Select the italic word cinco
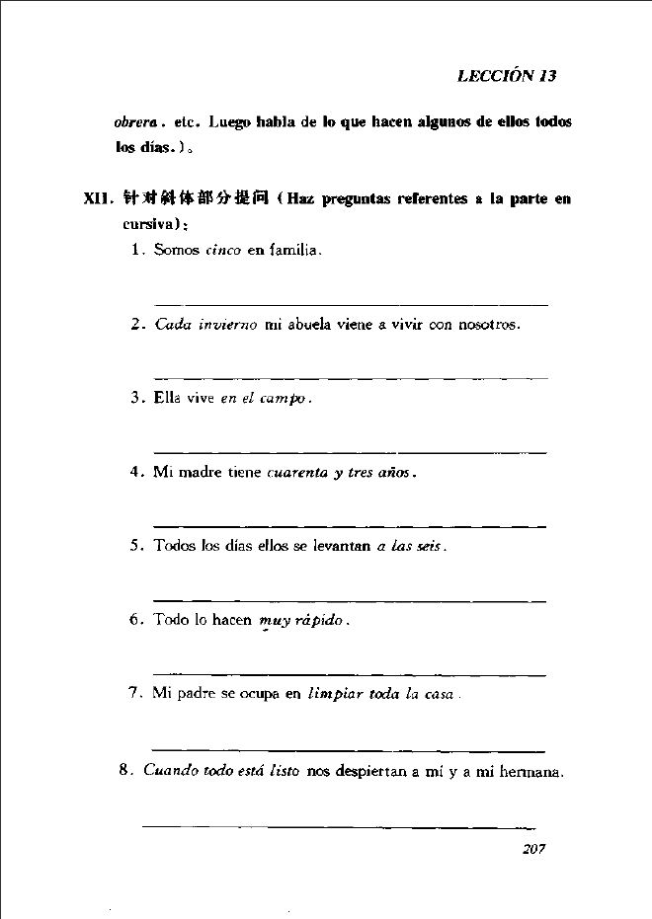coord(223,252)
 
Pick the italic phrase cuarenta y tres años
coord(339,472)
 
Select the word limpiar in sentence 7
coord(334,694)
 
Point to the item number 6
coord(136,621)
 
